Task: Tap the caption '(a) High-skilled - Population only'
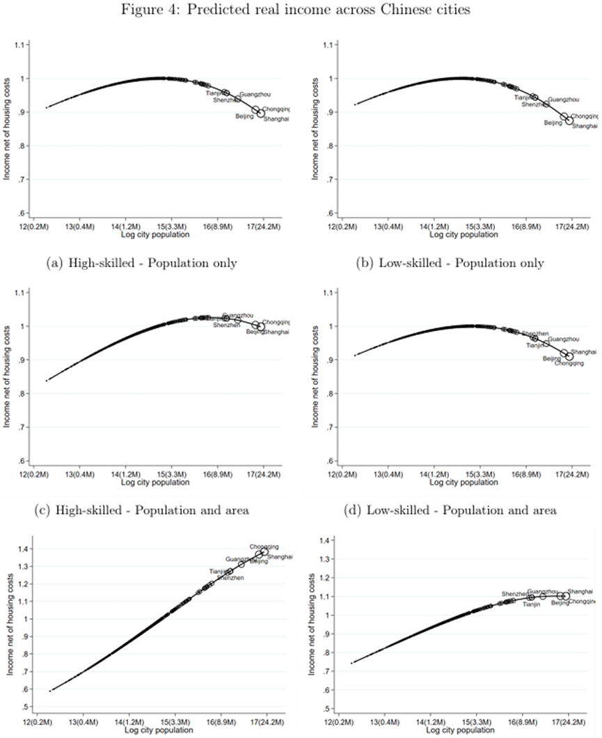(x=158, y=263)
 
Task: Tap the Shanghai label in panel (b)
(x=585, y=126)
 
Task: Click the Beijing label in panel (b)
(x=553, y=122)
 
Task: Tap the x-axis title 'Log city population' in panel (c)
(x=151, y=482)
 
